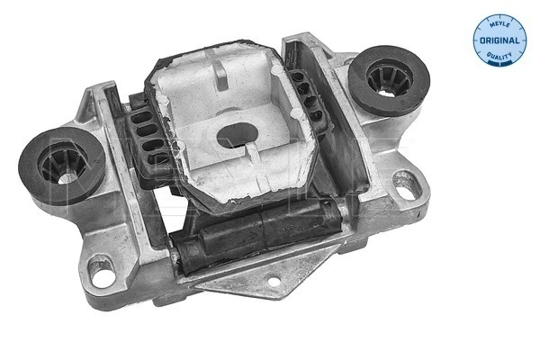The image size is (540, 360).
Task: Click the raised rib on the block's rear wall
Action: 220,72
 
